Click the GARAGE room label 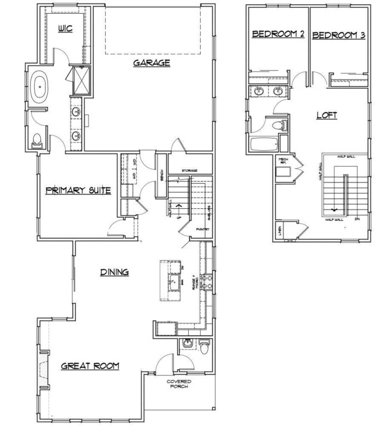tap(152, 62)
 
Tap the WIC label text tap(65, 29)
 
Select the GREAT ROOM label tap(90, 366)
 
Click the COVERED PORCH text tap(178, 384)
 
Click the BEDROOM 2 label tap(278, 35)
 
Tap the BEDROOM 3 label tap(338, 35)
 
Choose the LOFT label tap(327, 115)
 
